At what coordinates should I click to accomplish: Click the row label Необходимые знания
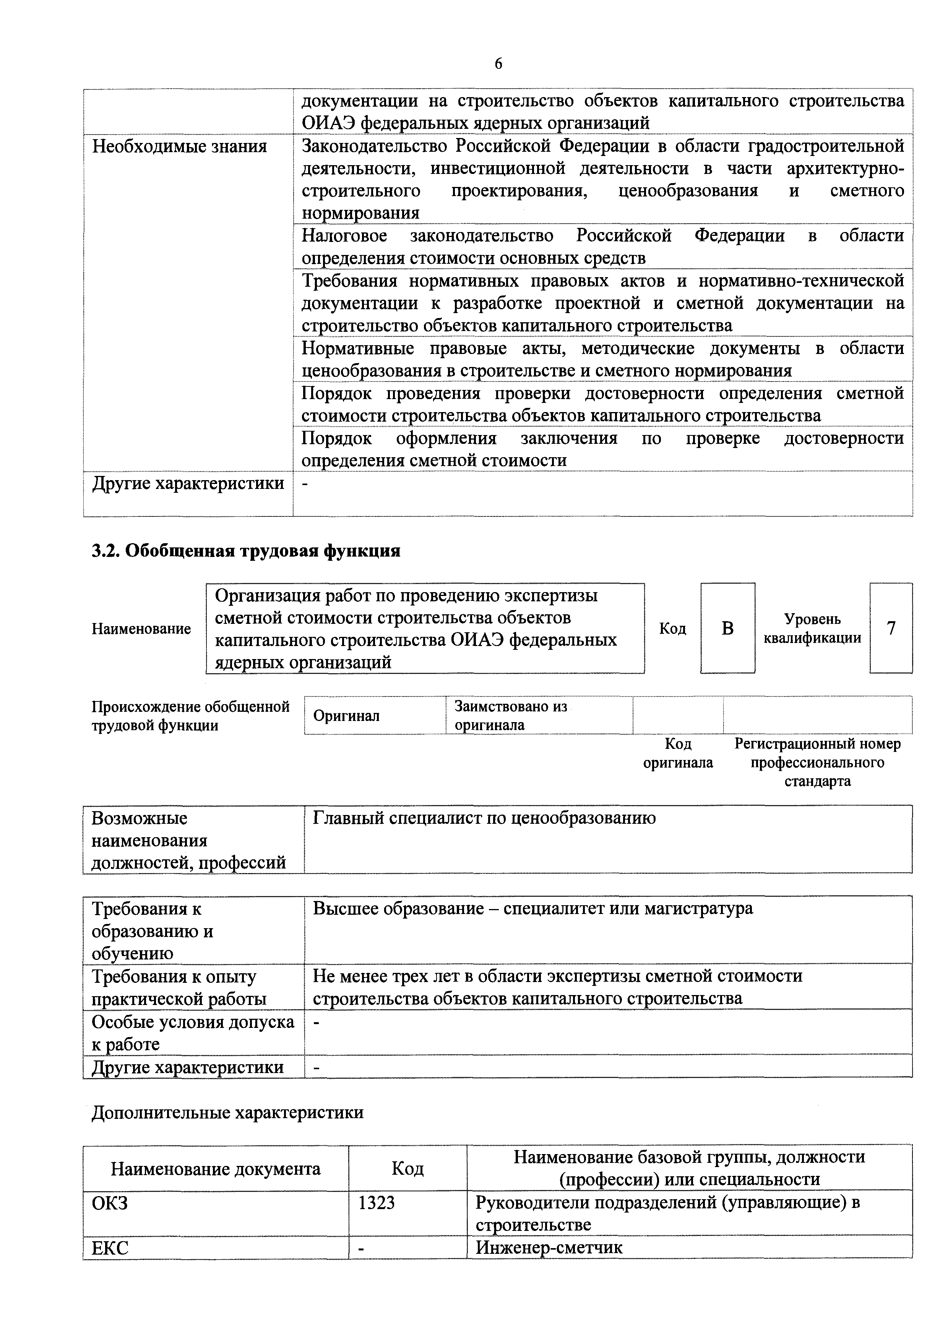(179, 146)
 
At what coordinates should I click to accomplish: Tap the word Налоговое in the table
(344, 236)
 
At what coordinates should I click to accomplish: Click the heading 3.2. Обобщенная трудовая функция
(246, 551)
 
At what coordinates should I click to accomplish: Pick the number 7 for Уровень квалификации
(891, 628)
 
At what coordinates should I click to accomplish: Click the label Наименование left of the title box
(141, 629)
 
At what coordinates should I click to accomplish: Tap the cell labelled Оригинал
(346, 716)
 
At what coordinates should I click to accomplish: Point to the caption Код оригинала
(678, 753)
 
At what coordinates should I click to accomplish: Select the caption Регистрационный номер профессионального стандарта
(817, 762)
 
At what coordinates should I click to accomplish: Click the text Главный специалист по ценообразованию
(484, 818)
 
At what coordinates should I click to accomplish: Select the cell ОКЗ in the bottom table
(110, 1203)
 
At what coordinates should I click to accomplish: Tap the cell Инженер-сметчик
(549, 1248)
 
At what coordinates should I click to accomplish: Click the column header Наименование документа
(216, 1169)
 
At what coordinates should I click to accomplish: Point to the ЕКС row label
(110, 1248)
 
